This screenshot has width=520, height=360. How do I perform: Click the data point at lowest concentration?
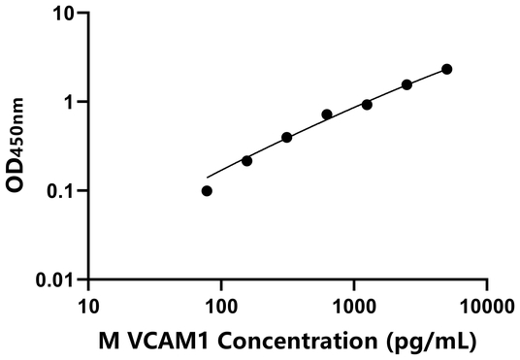pyautogui.click(x=207, y=191)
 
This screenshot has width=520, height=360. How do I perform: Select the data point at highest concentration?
pyautogui.click(x=446, y=69)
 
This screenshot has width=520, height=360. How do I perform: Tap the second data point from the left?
pyautogui.click(x=246, y=160)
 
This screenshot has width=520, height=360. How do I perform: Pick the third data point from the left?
pyautogui.click(x=287, y=138)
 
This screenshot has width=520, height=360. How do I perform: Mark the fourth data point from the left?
pyautogui.click(x=327, y=115)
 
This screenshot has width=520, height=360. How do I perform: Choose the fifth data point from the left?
pyautogui.click(x=367, y=104)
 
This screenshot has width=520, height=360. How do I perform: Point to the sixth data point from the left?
pyautogui.click(x=406, y=84)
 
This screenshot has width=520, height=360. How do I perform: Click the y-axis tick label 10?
pyautogui.click(x=64, y=15)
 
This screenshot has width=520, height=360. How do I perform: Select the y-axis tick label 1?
pyautogui.click(x=70, y=103)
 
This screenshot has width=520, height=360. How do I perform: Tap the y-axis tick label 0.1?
pyautogui.click(x=60, y=191)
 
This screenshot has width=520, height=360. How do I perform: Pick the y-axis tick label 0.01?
pyautogui.click(x=55, y=279)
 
